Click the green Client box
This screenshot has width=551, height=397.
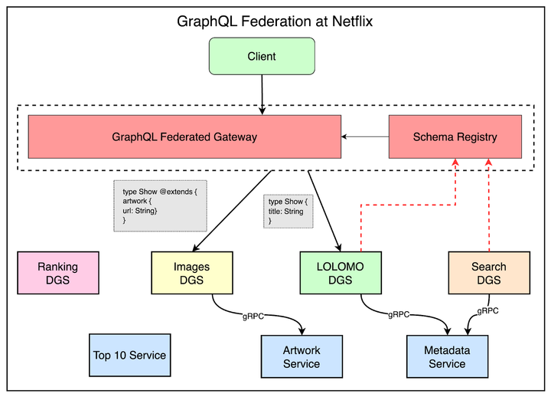pyautogui.click(x=262, y=56)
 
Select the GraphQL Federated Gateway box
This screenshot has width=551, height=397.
pyautogui.click(x=184, y=137)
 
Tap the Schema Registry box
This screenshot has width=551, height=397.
pyautogui.click(x=455, y=137)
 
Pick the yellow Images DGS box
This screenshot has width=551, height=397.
pyautogui.click(x=192, y=274)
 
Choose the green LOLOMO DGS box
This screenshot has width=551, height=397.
pyautogui.click(x=339, y=274)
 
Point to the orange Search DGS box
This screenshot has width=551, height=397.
pyautogui.click(x=488, y=274)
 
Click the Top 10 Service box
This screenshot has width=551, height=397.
pyautogui.click(x=129, y=355)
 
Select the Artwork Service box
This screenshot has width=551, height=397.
pyautogui.click(x=302, y=356)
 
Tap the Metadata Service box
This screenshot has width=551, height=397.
pyautogui.click(x=446, y=356)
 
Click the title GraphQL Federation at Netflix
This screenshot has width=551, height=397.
pyautogui.click(x=275, y=21)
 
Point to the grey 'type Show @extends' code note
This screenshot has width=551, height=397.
pyautogui.click(x=161, y=205)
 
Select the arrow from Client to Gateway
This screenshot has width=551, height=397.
pyautogui.click(x=262, y=94)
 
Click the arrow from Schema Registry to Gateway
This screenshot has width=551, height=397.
pyautogui.click(x=365, y=137)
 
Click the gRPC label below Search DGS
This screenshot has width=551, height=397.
pyautogui.click(x=488, y=311)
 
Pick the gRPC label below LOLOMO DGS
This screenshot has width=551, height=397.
pyautogui.click(x=399, y=314)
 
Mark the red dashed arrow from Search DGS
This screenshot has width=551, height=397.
pyautogui.click(x=488, y=207)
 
